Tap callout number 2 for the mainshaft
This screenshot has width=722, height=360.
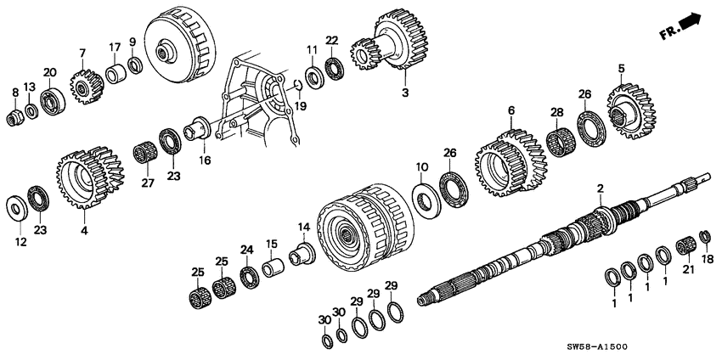[600, 188]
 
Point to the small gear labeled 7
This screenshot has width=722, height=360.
[83, 83]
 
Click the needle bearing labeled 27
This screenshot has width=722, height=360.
[143, 157]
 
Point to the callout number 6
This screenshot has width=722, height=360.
[511, 110]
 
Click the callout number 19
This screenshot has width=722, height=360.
[299, 106]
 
